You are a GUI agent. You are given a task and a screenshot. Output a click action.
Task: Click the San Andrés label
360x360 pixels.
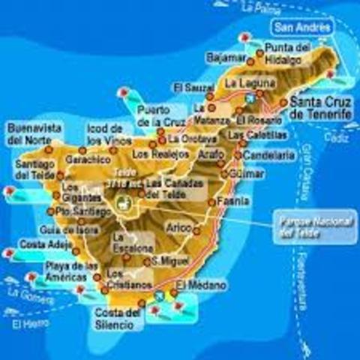[302, 28]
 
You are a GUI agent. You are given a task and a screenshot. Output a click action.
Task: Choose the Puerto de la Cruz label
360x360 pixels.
[158, 116]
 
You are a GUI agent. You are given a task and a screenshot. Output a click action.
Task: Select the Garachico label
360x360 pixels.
[88, 160]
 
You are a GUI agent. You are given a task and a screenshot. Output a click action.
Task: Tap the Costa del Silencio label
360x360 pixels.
[115, 318]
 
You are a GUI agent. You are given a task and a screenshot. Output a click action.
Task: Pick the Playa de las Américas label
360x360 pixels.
[70, 271]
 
